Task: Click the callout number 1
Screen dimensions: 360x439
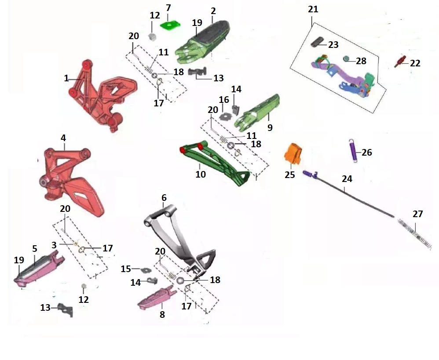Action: coord(66,79)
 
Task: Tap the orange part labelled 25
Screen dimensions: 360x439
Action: coord(293,153)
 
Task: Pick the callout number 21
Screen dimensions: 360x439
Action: coord(313,9)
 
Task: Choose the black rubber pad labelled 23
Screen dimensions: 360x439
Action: coord(318,42)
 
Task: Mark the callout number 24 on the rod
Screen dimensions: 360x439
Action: coord(347,179)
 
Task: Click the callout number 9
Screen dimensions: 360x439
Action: coord(270,128)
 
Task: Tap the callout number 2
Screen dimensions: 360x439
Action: coord(213,9)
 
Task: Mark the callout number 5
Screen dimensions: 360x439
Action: coord(34,248)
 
